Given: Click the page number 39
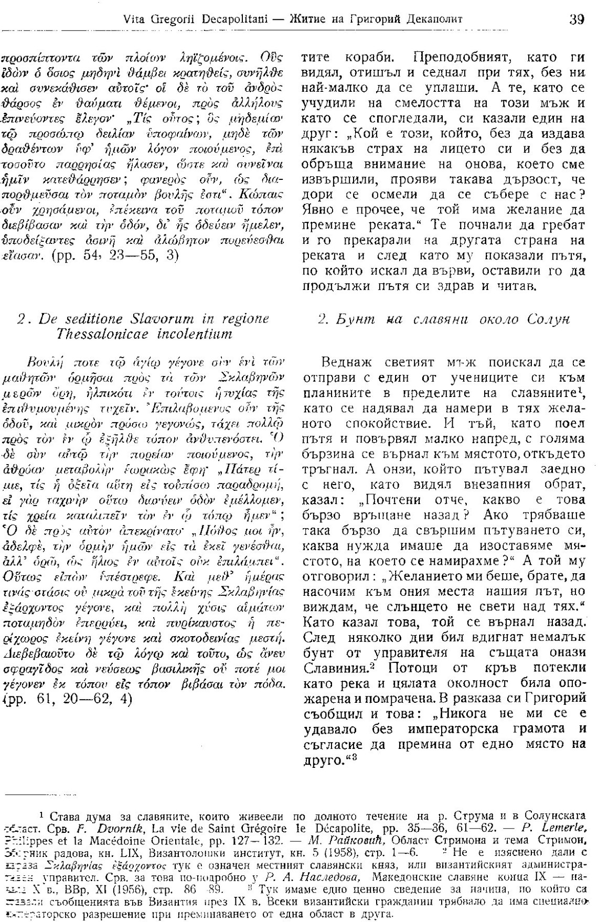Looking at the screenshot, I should tap(576, 20).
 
